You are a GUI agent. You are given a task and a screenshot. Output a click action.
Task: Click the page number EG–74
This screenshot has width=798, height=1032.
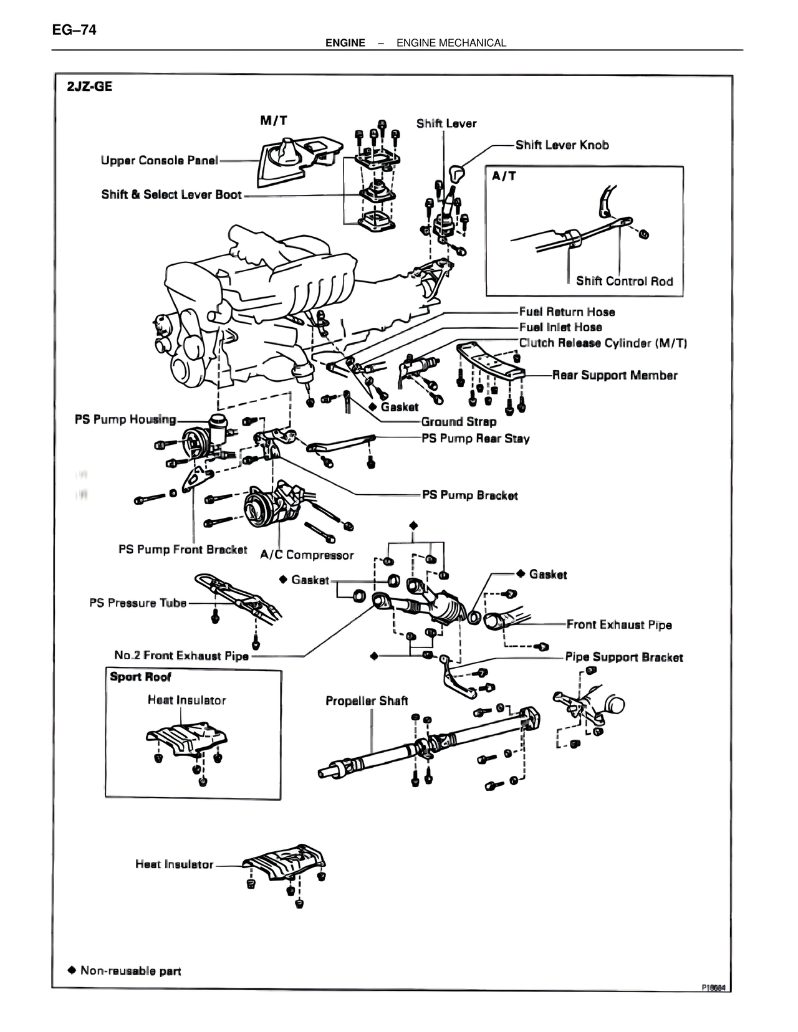click(74, 29)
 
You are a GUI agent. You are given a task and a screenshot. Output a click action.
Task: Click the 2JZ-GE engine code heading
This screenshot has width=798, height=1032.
click(90, 87)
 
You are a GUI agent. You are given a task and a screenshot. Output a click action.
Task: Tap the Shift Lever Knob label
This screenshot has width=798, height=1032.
click(562, 145)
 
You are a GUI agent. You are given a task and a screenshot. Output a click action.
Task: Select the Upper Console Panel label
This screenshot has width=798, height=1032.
click(160, 161)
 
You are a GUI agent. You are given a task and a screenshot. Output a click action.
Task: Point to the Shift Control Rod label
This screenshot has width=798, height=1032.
click(624, 281)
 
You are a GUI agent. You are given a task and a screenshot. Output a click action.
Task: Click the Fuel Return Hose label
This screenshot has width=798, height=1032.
click(567, 312)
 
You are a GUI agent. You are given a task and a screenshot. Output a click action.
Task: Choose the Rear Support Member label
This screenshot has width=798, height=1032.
click(615, 375)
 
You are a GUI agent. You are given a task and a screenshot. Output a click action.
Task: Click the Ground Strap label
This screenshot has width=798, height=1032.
click(459, 422)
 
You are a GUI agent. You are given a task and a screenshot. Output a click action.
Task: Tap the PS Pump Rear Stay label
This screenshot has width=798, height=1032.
click(475, 439)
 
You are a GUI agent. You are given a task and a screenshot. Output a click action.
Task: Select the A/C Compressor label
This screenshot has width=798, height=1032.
click(307, 555)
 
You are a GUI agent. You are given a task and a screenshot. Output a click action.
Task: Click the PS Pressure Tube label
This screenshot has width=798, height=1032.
click(138, 603)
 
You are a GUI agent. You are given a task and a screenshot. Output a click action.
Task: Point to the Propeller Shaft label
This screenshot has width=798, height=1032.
click(367, 700)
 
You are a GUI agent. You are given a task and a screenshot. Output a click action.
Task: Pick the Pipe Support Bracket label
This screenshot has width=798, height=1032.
click(624, 657)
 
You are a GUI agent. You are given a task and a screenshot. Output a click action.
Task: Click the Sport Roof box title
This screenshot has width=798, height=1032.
click(140, 677)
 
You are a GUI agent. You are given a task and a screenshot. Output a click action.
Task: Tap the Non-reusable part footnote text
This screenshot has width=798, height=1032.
click(130, 970)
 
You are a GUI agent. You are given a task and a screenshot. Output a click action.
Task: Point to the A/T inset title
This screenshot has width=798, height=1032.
click(504, 176)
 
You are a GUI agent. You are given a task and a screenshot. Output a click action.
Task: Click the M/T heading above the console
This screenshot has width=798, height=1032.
click(274, 120)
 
